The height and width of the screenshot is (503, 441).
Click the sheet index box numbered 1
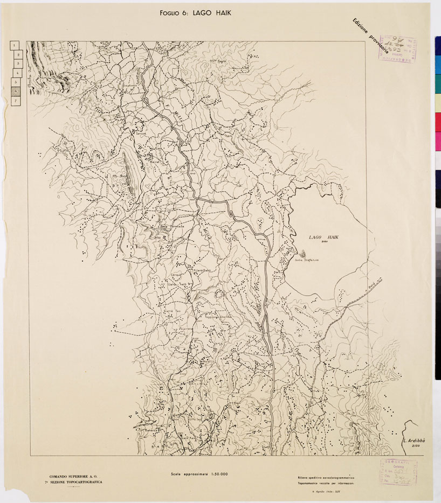click(x=15, y=46)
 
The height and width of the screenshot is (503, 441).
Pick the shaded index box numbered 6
click(x=16, y=91)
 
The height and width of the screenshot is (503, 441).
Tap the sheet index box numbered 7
click(x=16, y=100)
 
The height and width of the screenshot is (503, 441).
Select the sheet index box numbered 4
click(x=16, y=73)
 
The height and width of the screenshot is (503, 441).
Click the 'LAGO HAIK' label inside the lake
click(x=325, y=237)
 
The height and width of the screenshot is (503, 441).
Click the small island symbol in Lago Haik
click(x=302, y=253)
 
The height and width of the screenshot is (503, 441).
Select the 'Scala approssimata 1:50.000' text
click(x=199, y=474)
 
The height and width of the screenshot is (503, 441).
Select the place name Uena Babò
click(x=201, y=270)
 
